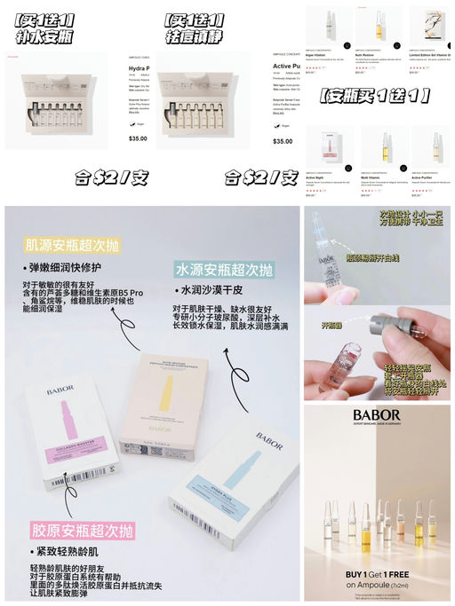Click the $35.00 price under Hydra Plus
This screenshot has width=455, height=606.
pos(138,138)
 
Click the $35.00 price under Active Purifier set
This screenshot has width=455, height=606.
pos(283,141)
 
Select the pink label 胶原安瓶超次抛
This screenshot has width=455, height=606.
pos(83,531)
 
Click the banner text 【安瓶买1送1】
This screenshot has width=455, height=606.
pos(375,94)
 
